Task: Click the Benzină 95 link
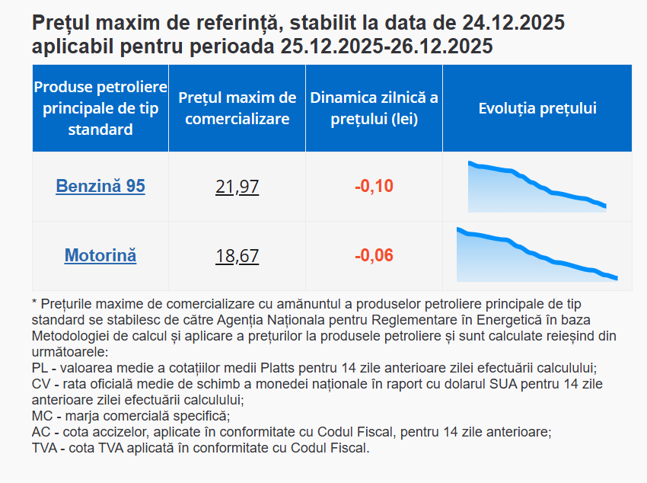point(100,187)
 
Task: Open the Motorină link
point(100,255)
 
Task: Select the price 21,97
point(237,187)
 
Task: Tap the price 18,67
point(237,255)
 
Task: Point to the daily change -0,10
point(374,187)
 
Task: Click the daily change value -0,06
point(374,255)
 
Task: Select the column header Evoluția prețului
point(537,108)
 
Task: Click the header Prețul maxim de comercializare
point(237,108)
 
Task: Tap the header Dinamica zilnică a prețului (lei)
point(374,108)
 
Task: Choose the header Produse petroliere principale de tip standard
point(100,108)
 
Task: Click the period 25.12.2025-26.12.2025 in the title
point(386,46)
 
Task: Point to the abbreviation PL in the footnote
point(41,366)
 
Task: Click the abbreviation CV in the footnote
point(42,383)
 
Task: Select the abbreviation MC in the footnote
point(43,416)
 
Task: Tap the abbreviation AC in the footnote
point(42,432)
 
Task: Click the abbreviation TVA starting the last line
point(46,448)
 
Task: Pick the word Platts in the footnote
point(264,366)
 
